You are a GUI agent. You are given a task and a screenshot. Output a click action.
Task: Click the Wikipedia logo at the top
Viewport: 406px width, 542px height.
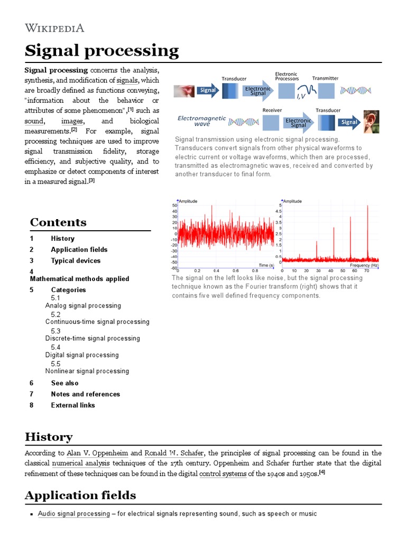pyautogui.click(x=54, y=28)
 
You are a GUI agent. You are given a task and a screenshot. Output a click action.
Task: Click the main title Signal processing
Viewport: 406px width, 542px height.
pyautogui.click(x=102, y=51)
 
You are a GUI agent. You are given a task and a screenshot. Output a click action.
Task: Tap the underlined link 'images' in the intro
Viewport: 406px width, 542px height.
pyautogui.click(x=72, y=121)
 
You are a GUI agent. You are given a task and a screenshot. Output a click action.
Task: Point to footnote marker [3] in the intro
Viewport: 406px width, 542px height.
pyautogui.click(x=91, y=180)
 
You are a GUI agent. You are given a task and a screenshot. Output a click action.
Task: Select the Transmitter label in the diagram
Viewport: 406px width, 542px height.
pyautogui.click(x=325, y=78)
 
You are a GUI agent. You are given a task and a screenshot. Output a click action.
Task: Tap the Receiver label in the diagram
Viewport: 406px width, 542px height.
pyautogui.click(x=272, y=110)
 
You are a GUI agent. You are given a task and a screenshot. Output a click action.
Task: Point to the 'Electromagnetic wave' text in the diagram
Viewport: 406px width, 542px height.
pyautogui.click(x=201, y=121)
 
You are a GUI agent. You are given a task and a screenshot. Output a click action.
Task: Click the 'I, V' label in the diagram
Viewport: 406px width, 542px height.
pyautogui.click(x=301, y=96)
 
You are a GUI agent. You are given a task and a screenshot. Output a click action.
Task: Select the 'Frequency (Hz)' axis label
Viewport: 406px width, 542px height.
pyautogui.click(x=364, y=265)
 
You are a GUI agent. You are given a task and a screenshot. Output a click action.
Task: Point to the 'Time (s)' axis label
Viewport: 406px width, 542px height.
pyautogui.click(x=266, y=264)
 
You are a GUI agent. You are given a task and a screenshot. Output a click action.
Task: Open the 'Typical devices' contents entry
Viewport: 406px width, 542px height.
pyautogui.click(x=76, y=260)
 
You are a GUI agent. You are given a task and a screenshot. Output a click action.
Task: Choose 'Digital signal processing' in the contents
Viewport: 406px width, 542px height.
pyautogui.click(x=82, y=355)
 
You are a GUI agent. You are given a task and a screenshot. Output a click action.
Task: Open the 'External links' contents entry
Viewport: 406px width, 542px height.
pyautogui.click(x=73, y=405)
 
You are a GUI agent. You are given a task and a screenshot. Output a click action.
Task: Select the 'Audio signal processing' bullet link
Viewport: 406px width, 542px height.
pyautogui.click(x=73, y=514)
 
